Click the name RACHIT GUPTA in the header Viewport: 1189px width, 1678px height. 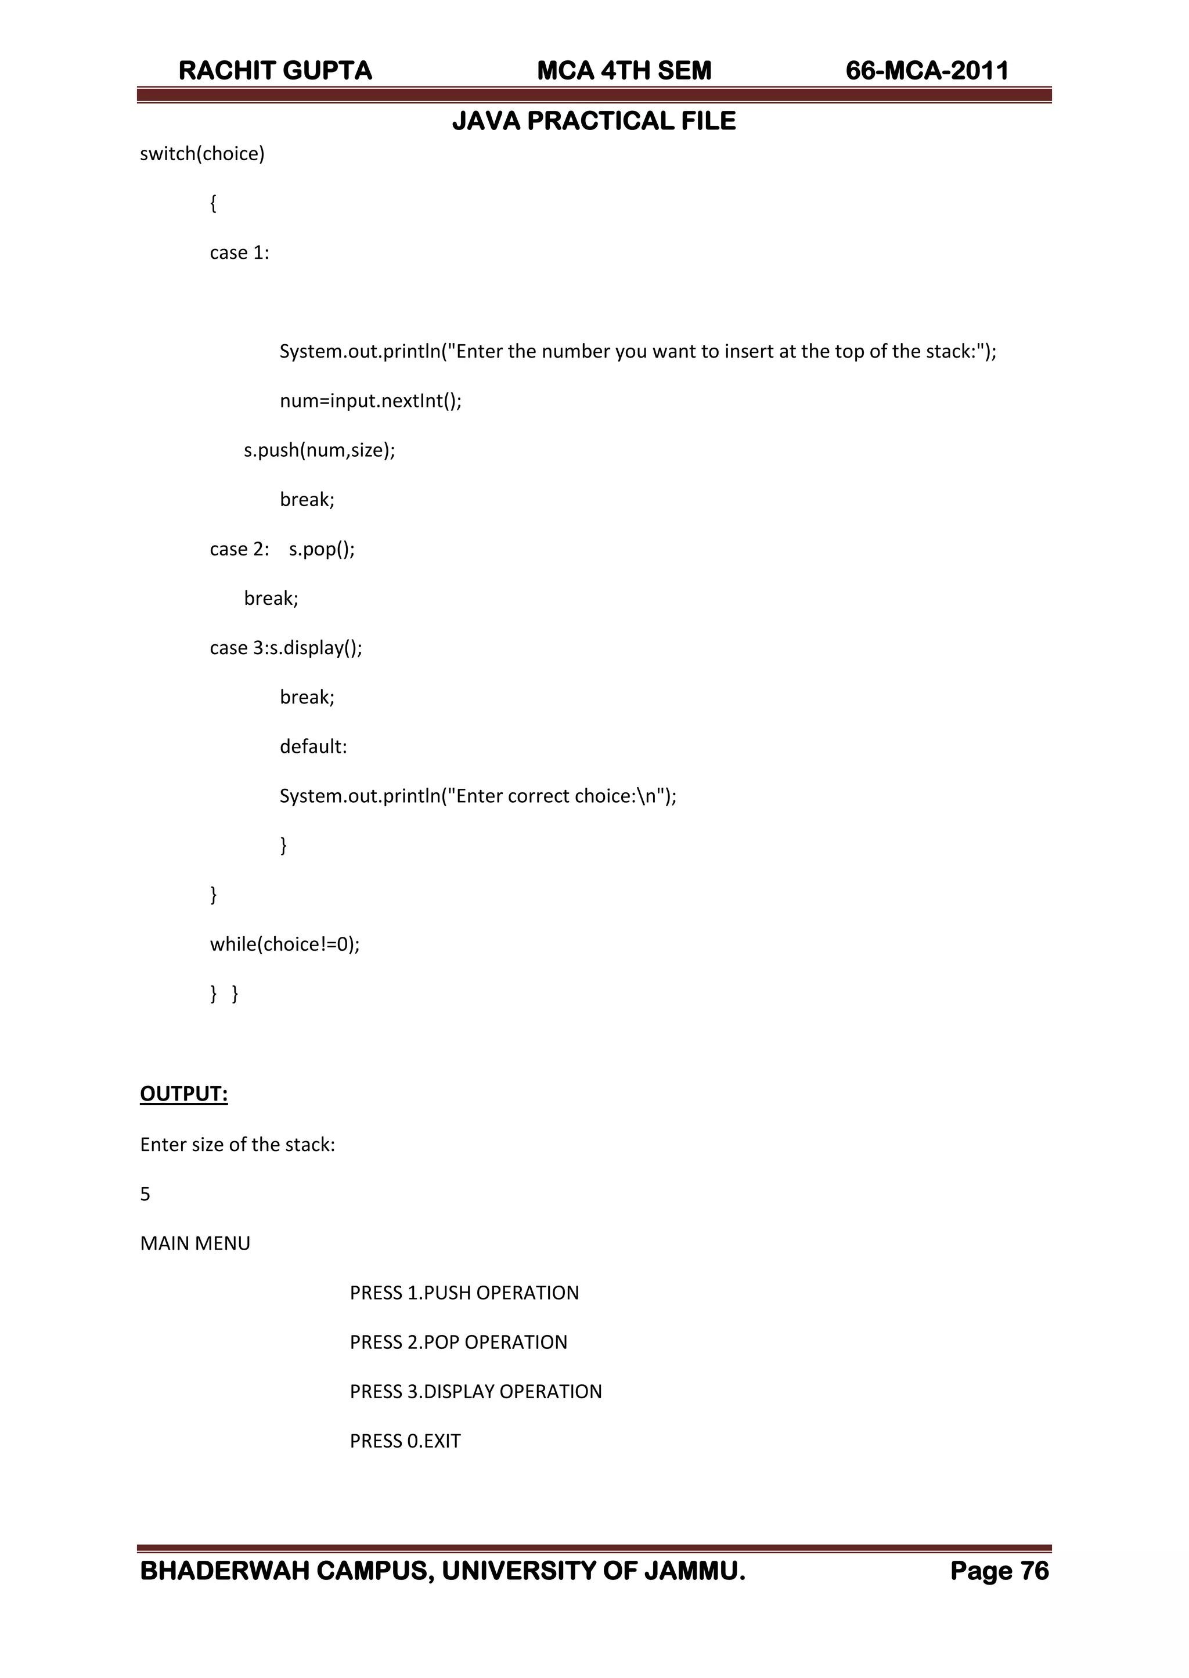[275, 71]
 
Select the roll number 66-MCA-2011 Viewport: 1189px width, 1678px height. [927, 71]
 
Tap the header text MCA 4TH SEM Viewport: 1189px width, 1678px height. [624, 71]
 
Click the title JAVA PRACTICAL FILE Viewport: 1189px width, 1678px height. [594, 121]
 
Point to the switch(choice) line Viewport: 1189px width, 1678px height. [202, 154]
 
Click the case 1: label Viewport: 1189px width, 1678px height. [239, 252]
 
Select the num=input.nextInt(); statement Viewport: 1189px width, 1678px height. [370, 401]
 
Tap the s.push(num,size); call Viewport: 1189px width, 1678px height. [319, 450]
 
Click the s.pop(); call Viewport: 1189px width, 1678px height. [322, 549]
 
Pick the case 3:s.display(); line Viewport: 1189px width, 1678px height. [286, 648]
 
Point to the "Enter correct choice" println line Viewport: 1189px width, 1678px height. [477, 796]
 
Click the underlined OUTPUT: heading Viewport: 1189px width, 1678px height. [184, 1094]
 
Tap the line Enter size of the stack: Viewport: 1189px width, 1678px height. [237, 1145]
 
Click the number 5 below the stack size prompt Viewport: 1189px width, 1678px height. [145, 1195]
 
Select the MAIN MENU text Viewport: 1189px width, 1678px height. [194, 1243]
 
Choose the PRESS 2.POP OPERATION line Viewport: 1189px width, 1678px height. [458, 1342]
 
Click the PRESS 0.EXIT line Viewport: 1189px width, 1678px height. [405, 1441]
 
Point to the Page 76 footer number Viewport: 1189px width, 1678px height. [999, 1571]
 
